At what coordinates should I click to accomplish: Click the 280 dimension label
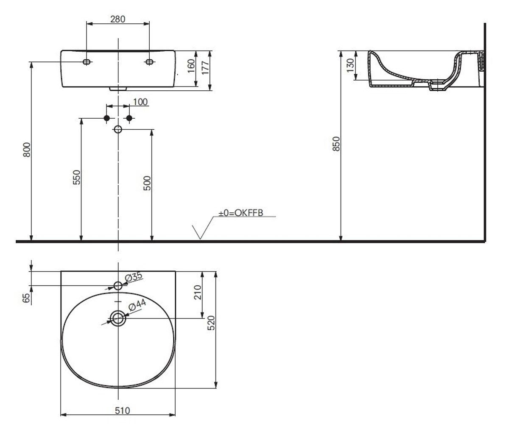click(118, 19)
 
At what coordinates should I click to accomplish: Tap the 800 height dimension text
click(27, 150)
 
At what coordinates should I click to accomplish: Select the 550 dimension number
click(76, 177)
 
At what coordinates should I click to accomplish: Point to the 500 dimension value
click(147, 183)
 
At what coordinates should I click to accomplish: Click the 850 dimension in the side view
click(336, 144)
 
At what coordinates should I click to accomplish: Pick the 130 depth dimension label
click(350, 65)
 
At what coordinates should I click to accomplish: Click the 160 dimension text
click(191, 66)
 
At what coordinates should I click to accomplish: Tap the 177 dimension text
click(205, 67)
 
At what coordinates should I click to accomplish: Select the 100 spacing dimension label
click(140, 102)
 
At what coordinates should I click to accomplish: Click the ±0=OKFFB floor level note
click(241, 213)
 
